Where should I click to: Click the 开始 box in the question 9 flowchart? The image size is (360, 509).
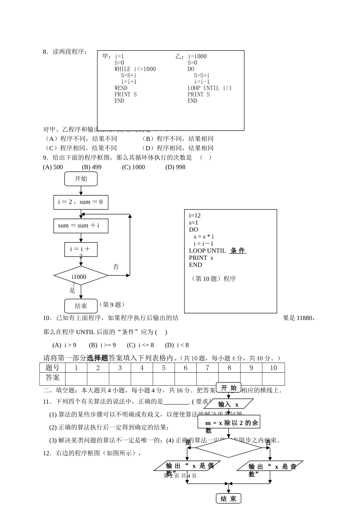pos(81,179)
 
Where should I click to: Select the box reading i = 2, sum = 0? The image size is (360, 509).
pos(81,202)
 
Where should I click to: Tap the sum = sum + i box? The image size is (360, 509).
pos(81,226)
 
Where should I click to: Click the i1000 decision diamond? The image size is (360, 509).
pos(81,276)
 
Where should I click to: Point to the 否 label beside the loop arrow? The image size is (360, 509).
pos(116,267)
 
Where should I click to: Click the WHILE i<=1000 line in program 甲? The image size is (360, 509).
pos(135,69)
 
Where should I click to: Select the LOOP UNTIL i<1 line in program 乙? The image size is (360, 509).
pos(210,88)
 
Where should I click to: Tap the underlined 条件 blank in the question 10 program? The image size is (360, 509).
pos(238,251)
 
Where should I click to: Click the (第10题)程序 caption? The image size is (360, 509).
pos(214,279)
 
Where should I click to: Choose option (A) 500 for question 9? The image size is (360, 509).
pos(53,167)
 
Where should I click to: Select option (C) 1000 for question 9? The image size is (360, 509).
pos(133,167)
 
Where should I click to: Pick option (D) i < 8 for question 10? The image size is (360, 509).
pos(177,345)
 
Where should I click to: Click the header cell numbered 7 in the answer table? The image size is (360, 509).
pos(207,368)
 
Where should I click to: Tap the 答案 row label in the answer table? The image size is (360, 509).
pos(52,378)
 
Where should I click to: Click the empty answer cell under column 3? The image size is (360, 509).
pos(120,378)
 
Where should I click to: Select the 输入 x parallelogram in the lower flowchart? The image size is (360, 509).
pos(229,404)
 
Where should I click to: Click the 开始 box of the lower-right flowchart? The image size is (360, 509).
pos(229,388)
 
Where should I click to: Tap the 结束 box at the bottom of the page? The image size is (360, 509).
pos(229,499)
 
